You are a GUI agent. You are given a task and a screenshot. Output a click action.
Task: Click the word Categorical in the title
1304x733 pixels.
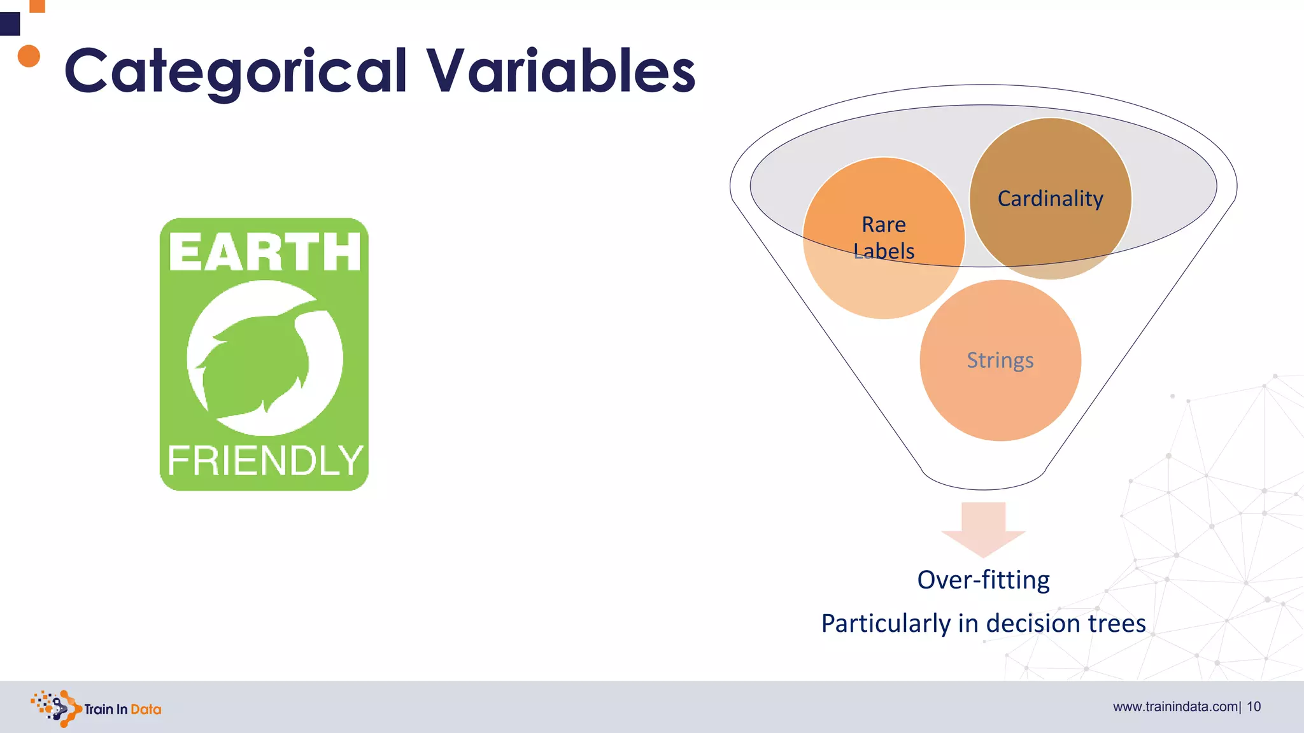(x=236, y=71)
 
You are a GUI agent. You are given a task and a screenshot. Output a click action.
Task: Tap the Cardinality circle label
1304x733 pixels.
(x=1050, y=199)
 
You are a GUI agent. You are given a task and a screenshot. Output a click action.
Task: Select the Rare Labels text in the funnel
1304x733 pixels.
(x=884, y=238)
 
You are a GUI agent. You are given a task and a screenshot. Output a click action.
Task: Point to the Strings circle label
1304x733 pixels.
(x=1000, y=360)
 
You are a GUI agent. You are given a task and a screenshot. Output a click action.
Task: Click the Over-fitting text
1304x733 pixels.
(x=983, y=580)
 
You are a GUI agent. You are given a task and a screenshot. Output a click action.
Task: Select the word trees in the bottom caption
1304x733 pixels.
(x=1116, y=623)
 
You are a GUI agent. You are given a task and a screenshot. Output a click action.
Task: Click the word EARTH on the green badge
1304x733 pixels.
(x=264, y=252)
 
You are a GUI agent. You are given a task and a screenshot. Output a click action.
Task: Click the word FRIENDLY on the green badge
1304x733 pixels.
(x=264, y=461)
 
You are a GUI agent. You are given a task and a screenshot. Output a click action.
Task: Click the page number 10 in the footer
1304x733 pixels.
(x=1254, y=707)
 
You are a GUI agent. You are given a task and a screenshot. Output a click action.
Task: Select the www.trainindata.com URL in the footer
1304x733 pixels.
(x=1175, y=707)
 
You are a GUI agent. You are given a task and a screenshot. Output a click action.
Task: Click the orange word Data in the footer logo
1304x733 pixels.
(x=146, y=709)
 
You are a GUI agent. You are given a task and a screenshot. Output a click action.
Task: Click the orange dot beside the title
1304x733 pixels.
(x=29, y=56)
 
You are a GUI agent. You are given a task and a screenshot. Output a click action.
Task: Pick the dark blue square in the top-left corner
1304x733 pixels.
(x=10, y=24)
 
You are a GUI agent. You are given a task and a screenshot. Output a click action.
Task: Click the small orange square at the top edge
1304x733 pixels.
(x=38, y=6)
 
